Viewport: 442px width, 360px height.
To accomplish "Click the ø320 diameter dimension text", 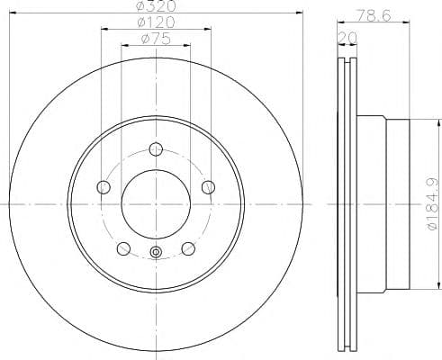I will click(x=156, y=5).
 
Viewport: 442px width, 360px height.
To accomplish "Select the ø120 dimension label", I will click(x=156, y=22).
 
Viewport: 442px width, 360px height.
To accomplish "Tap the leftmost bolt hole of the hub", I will click(x=103, y=186).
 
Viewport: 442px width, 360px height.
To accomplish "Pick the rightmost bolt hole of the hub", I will click(x=209, y=186).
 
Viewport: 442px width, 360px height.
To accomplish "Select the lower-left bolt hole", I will click(x=123, y=248).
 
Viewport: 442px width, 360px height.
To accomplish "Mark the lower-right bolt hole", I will click(x=188, y=248).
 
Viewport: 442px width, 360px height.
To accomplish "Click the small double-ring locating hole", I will click(x=156, y=252).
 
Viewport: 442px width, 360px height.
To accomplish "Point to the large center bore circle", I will click(x=156, y=203).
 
